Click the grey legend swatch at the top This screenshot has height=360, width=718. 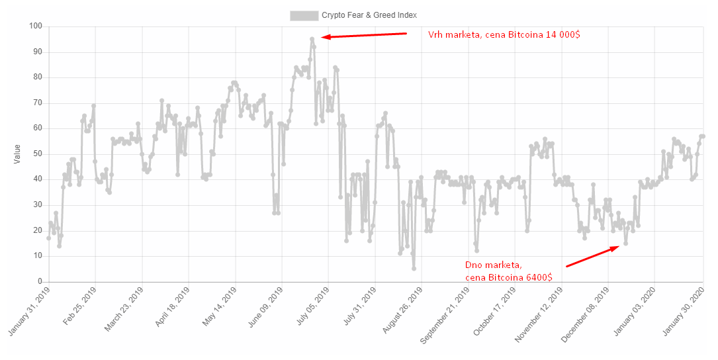303,15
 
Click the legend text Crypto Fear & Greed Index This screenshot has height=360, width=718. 369,15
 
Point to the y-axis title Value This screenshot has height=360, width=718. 17,154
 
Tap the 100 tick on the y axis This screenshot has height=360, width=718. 35,26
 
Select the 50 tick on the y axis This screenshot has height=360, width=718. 37,154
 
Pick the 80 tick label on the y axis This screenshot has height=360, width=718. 37,77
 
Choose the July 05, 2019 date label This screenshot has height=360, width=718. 312,308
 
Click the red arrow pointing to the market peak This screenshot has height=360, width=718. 363,35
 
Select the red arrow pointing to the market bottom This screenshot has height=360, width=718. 593,256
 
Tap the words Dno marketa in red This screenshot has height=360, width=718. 494,265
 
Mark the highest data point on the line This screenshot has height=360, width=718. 312,39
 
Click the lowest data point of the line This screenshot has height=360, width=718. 414,269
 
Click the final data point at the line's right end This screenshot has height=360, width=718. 703,136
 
